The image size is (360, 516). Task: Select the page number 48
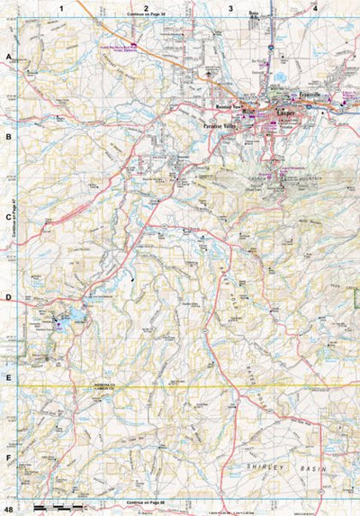point(9,509)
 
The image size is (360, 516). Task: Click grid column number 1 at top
point(61,8)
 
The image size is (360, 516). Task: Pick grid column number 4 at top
point(315,8)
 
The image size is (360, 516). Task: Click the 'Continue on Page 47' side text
point(16,221)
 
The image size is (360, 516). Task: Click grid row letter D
point(9,297)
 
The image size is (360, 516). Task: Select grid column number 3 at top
point(231,8)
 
